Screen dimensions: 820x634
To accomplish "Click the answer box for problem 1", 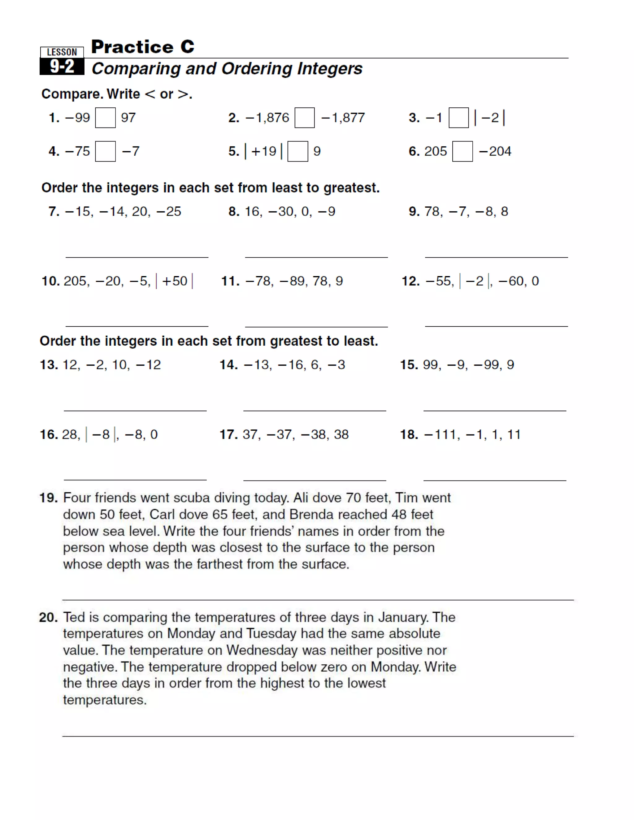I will (105, 118).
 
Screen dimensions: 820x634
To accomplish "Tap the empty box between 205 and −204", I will (462, 151).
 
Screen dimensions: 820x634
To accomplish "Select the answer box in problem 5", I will (297, 151).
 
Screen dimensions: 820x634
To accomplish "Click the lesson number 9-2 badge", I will (62, 67).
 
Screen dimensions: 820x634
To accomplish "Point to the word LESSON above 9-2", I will (62, 52).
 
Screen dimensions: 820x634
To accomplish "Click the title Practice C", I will (143, 47).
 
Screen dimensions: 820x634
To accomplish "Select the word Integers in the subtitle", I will (330, 69).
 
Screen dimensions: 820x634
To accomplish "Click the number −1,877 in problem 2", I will (343, 118).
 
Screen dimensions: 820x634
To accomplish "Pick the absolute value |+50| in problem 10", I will (174, 281).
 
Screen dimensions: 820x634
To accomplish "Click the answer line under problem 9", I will (496, 257).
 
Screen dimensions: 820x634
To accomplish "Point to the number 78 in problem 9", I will (432, 211).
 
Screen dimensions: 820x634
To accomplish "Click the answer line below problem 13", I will (135, 411).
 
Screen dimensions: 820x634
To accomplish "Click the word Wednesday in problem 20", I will (262, 650).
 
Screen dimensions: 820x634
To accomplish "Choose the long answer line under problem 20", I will (318, 736).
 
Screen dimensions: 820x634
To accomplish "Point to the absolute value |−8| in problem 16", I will (101, 434).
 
